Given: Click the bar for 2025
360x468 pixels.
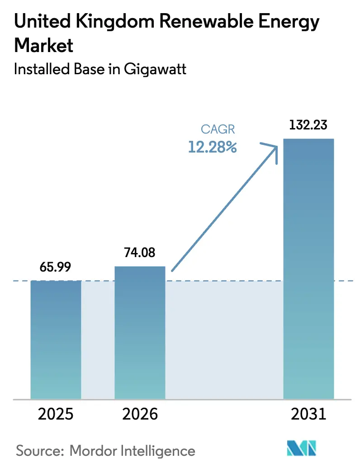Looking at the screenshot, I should pos(56,339).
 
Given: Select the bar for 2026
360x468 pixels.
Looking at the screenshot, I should pos(140,333).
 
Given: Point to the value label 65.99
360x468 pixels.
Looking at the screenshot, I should pos(56,267).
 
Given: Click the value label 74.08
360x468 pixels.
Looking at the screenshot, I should pos(140,253).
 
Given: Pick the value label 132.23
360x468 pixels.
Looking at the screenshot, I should pos(308,125).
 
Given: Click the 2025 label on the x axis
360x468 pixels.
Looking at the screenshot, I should pos(56,414).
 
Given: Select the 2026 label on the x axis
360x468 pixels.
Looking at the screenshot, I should pos(140,414).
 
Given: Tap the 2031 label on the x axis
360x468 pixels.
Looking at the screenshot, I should pos(308,414).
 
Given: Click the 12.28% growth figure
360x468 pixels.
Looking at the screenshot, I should pos(213,147).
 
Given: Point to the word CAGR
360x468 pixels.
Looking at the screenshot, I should pos(218,129).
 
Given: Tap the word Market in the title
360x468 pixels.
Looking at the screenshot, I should pos(44,46).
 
